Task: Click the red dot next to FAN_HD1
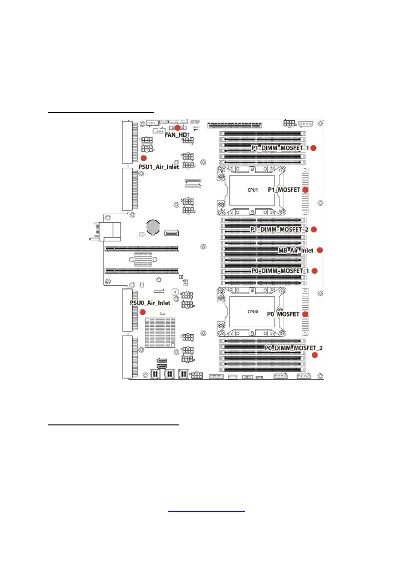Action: click(x=177, y=128)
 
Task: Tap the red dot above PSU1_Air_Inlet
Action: click(x=144, y=158)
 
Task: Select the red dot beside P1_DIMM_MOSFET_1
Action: click(x=314, y=148)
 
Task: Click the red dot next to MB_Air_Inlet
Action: click(x=320, y=250)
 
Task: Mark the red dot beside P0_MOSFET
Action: click(x=306, y=314)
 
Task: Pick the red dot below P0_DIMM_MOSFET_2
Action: click(x=315, y=355)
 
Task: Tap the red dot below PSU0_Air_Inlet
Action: click(x=143, y=311)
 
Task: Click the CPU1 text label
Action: click(x=253, y=190)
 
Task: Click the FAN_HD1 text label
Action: click(x=177, y=135)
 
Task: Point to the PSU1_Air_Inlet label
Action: click(x=159, y=166)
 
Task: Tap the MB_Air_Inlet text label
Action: click(x=296, y=250)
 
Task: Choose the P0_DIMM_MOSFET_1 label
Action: click(x=277, y=271)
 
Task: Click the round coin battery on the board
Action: click(x=154, y=227)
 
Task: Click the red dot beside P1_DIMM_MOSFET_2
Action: click(x=314, y=229)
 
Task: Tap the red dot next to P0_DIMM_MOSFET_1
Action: click(x=314, y=271)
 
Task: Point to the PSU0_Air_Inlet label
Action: click(x=150, y=302)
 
